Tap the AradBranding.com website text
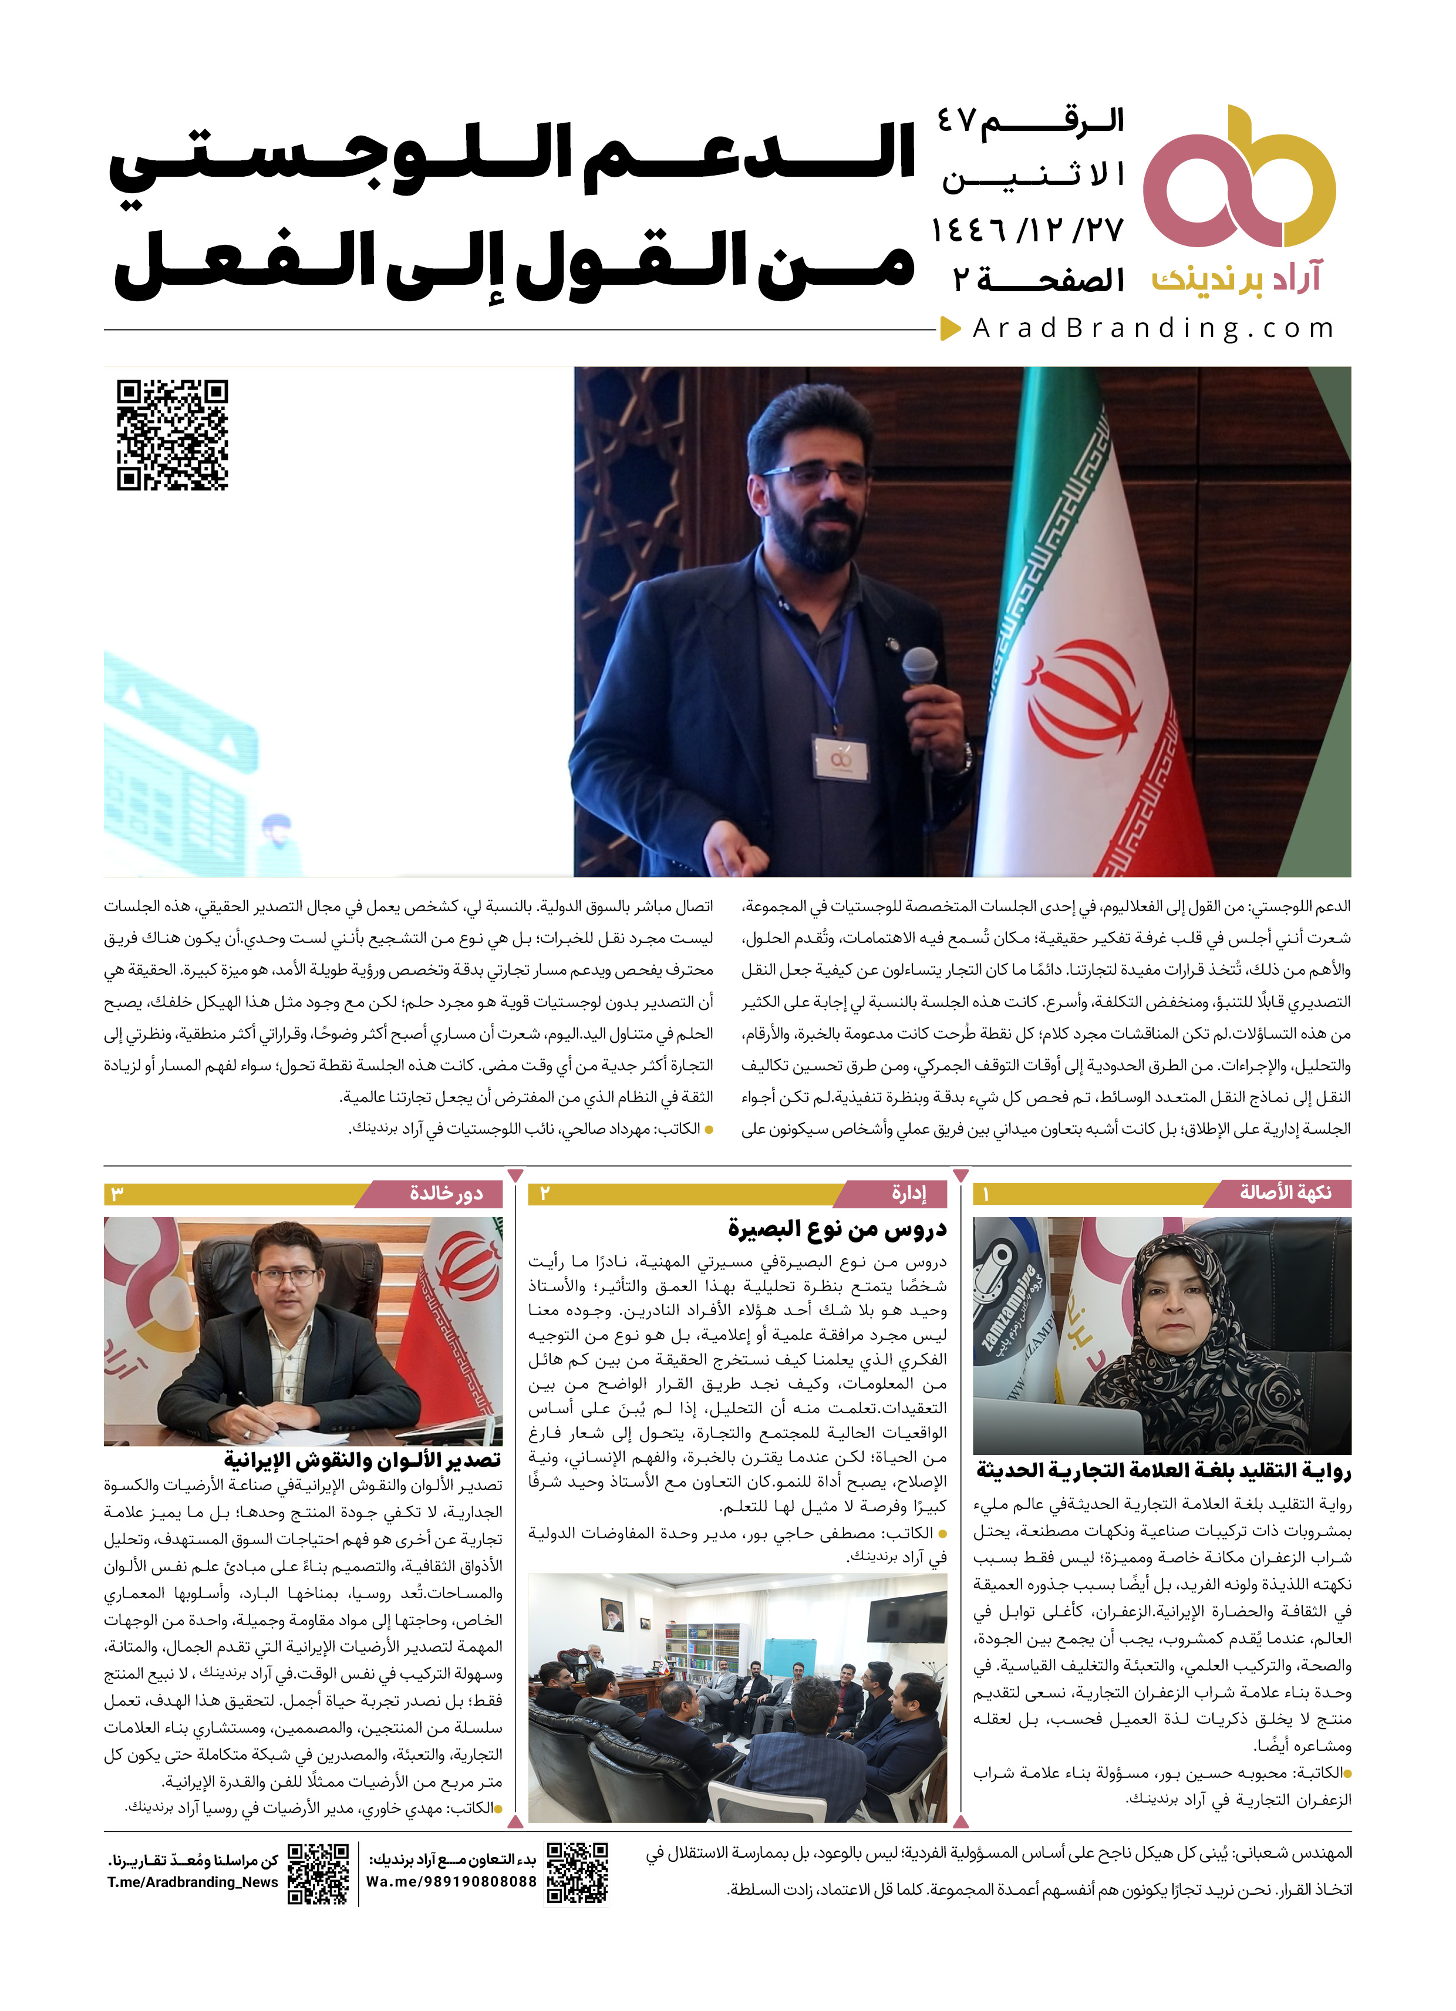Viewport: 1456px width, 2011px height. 1152,329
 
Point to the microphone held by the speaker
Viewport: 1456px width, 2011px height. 921,667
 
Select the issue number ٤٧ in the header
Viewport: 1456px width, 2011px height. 959,122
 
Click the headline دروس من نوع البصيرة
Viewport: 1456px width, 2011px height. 837,1229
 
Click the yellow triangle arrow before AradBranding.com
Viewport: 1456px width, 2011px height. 951,329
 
